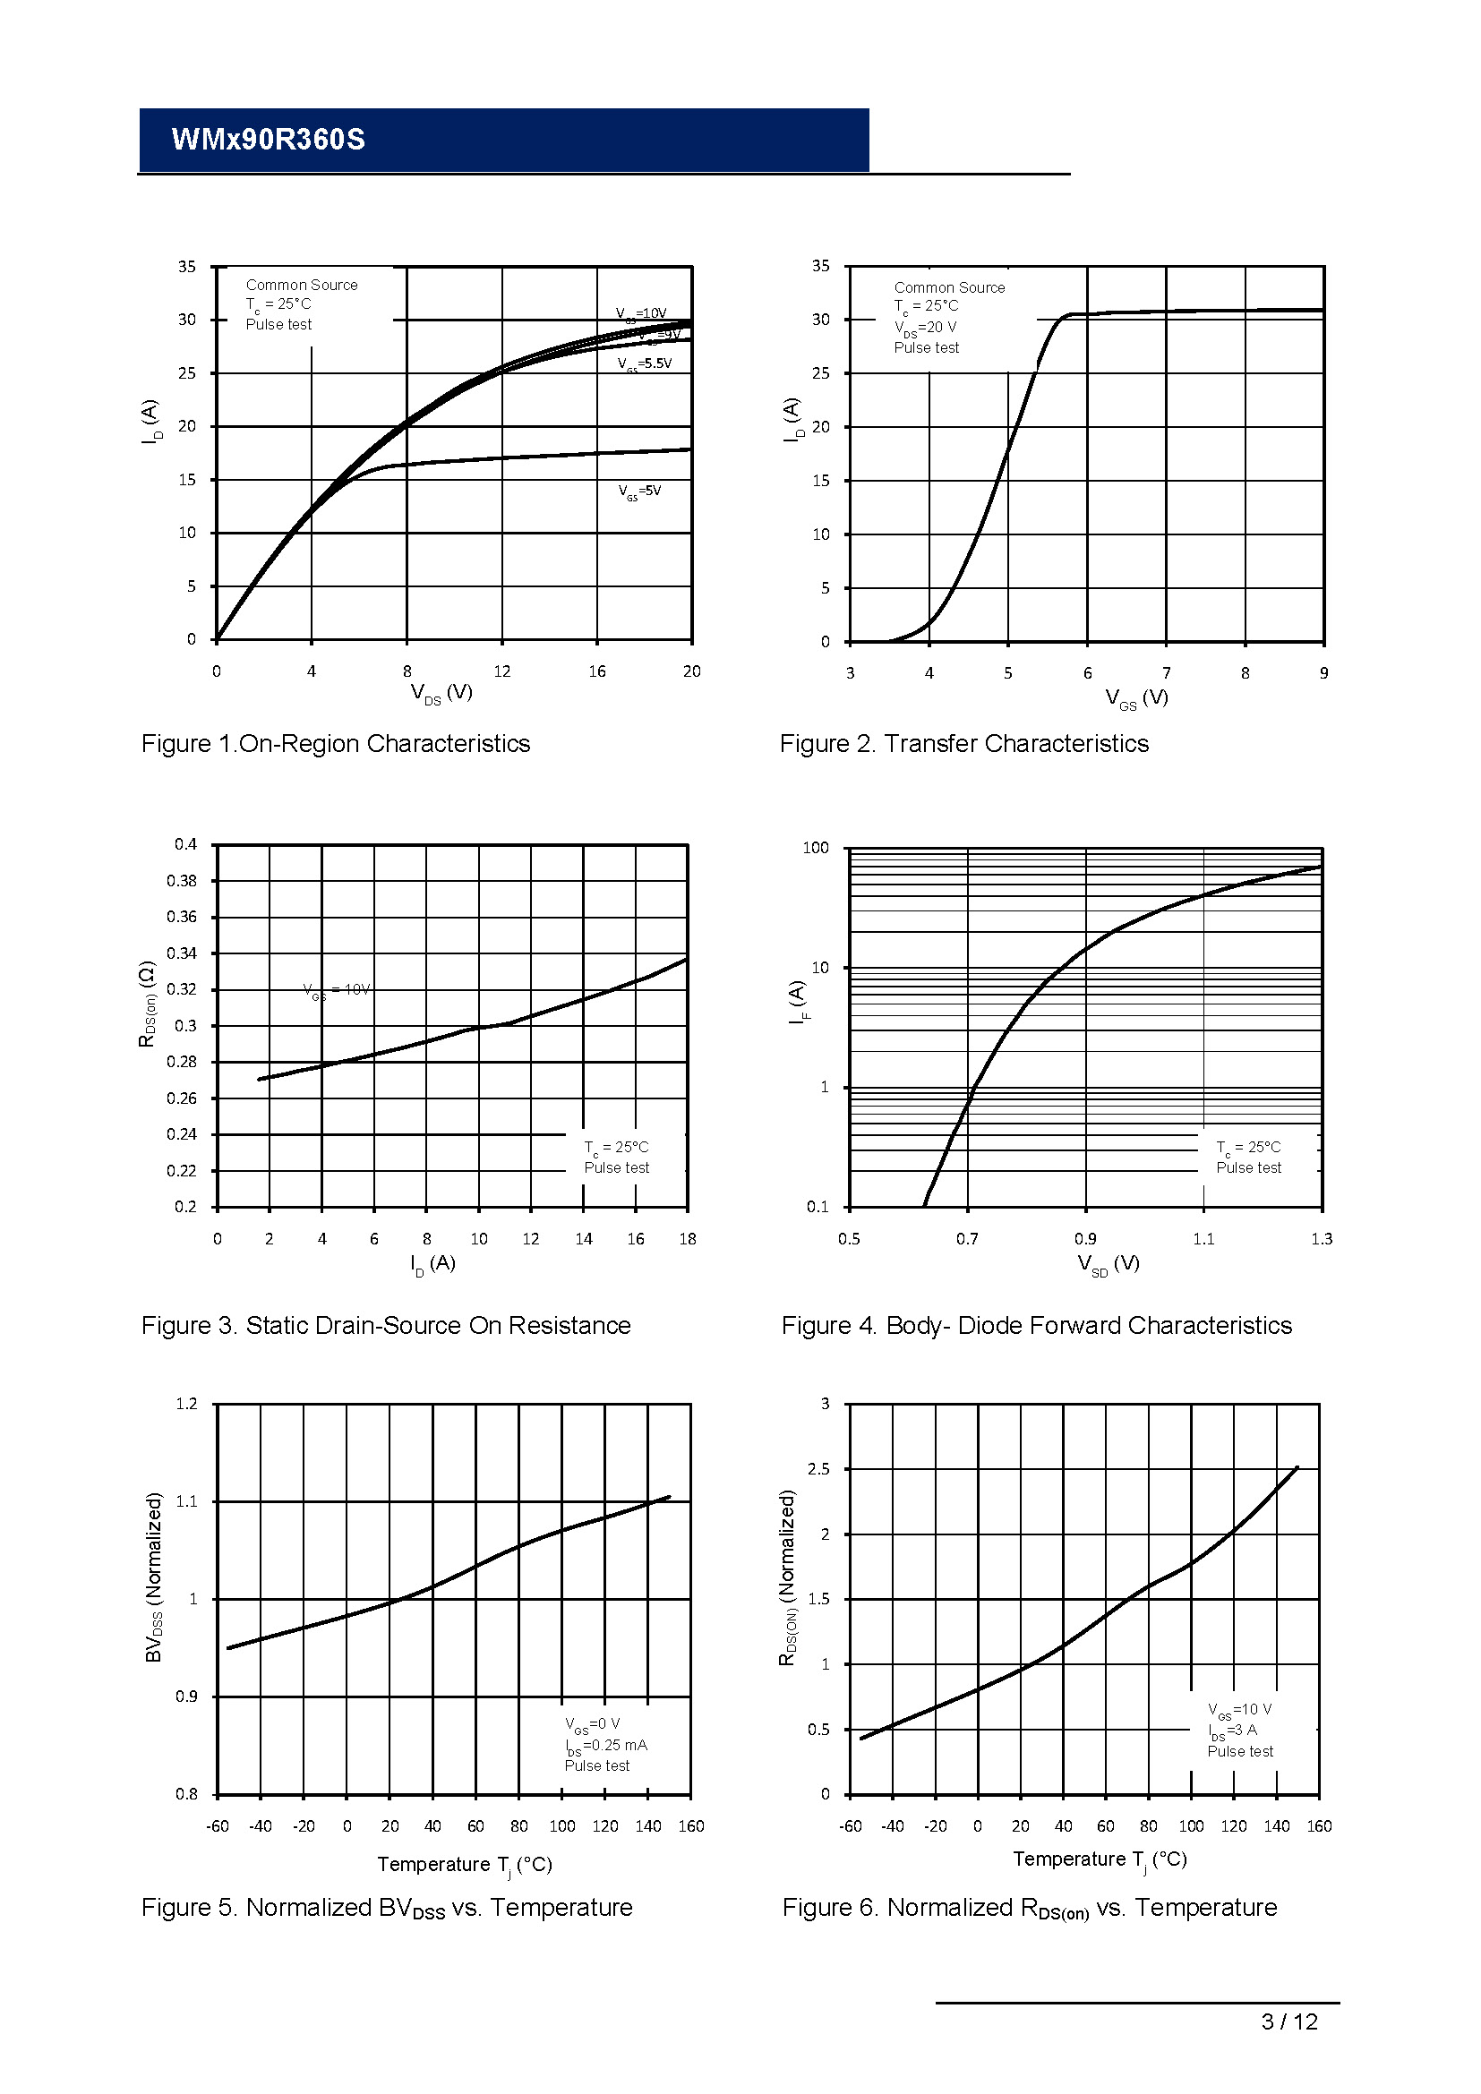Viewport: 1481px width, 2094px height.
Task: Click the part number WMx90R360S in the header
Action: click(x=268, y=140)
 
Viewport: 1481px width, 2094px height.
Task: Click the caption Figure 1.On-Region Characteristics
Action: click(x=336, y=744)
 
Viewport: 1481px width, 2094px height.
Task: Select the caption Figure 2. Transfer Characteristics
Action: click(x=964, y=744)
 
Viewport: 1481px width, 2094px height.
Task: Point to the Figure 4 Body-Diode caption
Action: click(x=1036, y=1325)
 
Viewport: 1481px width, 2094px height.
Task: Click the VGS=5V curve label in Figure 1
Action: click(x=639, y=491)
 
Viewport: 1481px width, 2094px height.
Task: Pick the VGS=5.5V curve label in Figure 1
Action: click(x=644, y=363)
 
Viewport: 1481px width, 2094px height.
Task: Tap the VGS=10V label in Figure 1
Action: click(x=640, y=313)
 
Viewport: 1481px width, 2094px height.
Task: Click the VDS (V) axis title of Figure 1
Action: click(x=441, y=693)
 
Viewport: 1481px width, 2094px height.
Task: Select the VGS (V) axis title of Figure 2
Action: click(x=1136, y=698)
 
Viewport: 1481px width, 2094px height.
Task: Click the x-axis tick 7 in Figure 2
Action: click(x=1167, y=673)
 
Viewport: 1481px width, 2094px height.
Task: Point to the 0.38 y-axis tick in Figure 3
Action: click(x=182, y=881)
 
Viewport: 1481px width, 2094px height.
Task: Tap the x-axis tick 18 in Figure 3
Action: click(x=688, y=1238)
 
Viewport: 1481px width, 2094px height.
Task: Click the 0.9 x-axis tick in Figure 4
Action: click(x=1085, y=1238)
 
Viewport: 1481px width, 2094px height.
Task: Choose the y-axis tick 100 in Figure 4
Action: click(x=816, y=848)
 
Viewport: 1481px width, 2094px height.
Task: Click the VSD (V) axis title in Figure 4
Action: click(x=1108, y=1264)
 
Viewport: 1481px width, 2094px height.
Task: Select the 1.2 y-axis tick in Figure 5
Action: click(x=186, y=1404)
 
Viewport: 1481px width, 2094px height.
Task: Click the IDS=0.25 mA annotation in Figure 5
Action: click(x=605, y=1746)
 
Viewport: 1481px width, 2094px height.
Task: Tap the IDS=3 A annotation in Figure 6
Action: click(x=1232, y=1731)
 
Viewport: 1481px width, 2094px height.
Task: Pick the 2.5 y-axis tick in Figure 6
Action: click(x=818, y=1469)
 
